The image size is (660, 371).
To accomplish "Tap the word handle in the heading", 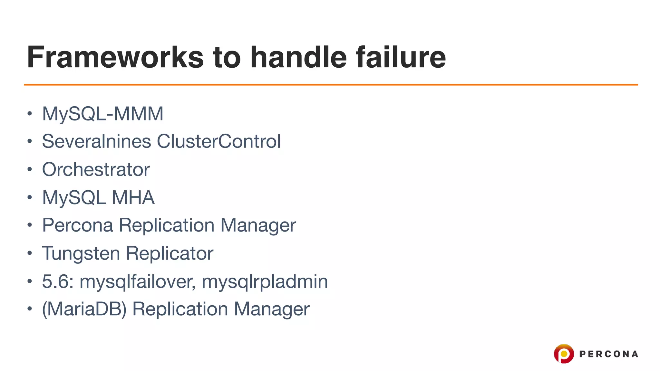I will pyautogui.click(x=298, y=57).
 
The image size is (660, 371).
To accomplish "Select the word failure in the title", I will pyautogui.click(x=401, y=57).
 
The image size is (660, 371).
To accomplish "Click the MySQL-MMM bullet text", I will pyautogui.click(x=103, y=114).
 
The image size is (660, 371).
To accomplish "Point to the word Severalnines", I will pyautogui.click(x=96, y=141).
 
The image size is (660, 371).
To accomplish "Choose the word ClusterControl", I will pyautogui.click(x=219, y=141).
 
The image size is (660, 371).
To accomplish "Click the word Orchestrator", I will pyautogui.click(x=96, y=169).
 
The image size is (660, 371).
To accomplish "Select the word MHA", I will pyautogui.click(x=133, y=197).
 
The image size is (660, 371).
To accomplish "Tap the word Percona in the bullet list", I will pyautogui.click(x=77, y=225).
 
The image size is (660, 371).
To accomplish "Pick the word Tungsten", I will pyautogui.click(x=81, y=253).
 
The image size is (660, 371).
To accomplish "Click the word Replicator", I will pyautogui.click(x=170, y=253).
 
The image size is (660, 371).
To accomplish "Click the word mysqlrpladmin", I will pyautogui.click(x=265, y=281).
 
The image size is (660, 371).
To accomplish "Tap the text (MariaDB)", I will pyautogui.click(x=84, y=309).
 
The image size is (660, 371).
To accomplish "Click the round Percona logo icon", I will pyautogui.click(x=564, y=354).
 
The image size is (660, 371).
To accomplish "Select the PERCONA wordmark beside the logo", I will pyautogui.click(x=608, y=354).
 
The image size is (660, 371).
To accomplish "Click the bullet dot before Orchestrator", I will pyautogui.click(x=30, y=169).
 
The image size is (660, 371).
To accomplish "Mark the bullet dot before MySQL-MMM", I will pyautogui.click(x=30, y=114).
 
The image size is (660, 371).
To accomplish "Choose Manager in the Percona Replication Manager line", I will pyautogui.click(x=258, y=225).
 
